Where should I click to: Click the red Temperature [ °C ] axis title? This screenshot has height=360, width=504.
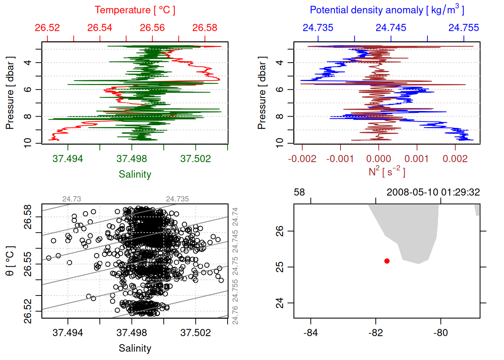135,10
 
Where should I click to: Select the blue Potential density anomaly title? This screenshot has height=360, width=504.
387,10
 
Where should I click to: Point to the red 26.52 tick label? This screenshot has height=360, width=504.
47,28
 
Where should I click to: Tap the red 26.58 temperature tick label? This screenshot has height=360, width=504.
205,28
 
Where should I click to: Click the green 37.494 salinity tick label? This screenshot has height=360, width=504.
67,159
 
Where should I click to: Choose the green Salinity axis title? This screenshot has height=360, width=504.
135,174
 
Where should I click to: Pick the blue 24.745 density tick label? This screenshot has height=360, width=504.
391,28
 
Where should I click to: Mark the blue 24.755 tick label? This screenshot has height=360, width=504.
463,28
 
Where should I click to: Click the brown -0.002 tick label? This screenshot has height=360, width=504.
302,159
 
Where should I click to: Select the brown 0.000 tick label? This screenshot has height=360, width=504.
378,159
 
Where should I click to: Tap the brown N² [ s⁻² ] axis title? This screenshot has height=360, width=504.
387,171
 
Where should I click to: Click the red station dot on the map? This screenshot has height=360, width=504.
387,261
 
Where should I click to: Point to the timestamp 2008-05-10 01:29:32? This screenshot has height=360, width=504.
433,192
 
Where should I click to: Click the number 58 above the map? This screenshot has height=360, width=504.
299,192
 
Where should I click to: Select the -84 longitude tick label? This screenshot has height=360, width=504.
310,333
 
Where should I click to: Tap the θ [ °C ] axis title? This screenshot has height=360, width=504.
10,261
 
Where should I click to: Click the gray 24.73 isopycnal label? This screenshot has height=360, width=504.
71,199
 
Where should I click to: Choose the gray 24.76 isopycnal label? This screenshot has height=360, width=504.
235,315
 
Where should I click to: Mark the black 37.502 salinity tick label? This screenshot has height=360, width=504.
195,333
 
